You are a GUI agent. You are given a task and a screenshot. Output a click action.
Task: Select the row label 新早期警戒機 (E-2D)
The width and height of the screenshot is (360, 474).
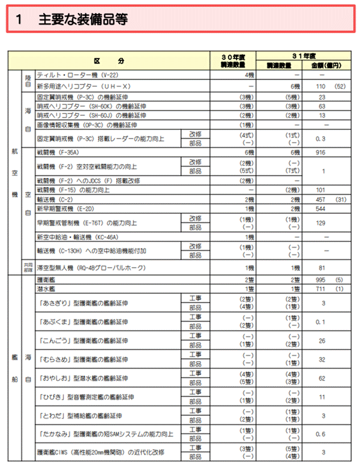(67, 209)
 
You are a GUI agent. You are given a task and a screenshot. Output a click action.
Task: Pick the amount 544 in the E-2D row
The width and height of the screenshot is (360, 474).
(322, 209)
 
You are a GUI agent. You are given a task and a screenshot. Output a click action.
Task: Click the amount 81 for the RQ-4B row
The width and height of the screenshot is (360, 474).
(322, 267)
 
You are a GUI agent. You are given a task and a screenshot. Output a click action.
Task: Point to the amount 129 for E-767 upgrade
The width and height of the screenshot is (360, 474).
(322, 222)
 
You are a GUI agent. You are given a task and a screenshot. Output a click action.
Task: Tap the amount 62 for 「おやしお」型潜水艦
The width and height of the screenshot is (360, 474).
(322, 378)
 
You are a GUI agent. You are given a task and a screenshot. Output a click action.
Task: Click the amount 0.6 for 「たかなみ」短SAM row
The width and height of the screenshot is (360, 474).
(322, 434)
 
